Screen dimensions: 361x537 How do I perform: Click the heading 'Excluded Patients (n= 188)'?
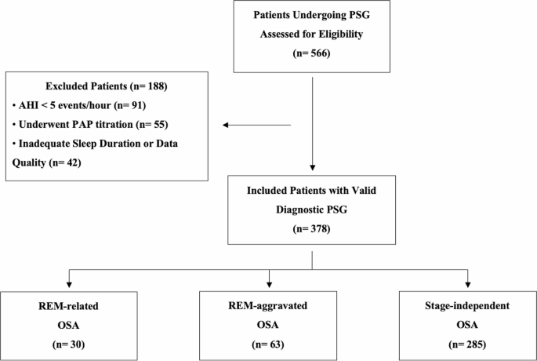tap(108, 86)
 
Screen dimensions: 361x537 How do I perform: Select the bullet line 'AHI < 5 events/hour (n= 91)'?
tap(82, 104)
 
